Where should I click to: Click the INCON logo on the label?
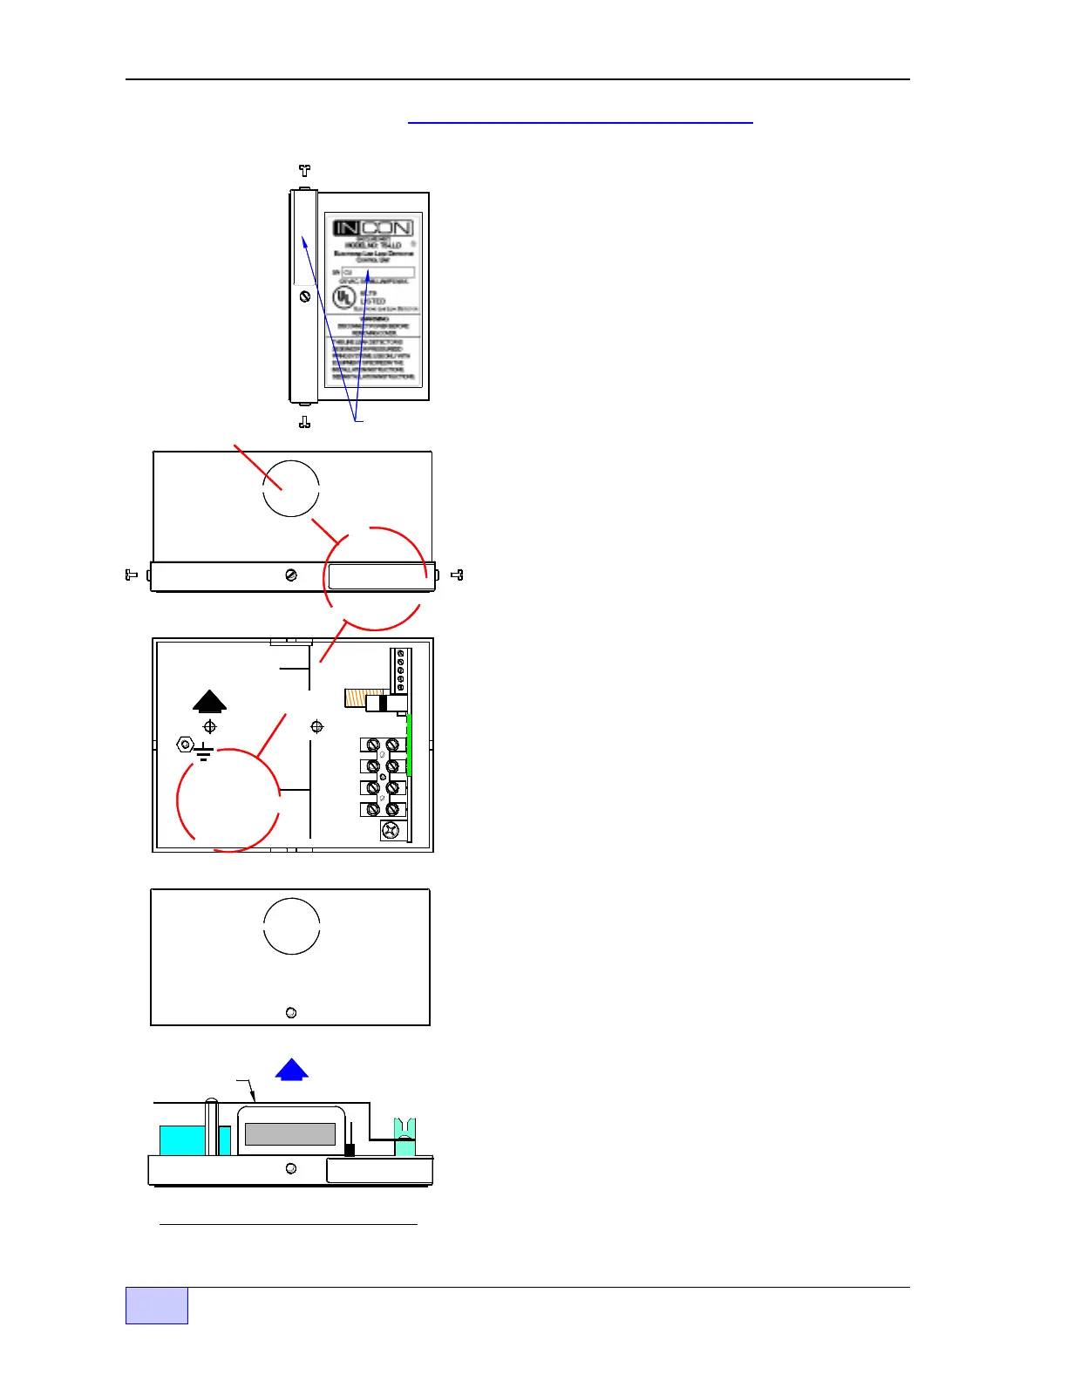pyautogui.click(x=372, y=228)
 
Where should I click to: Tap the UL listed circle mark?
pyautogui.click(x=344, y=297)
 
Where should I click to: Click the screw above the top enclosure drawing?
pyautogui.click(x=304, y=171)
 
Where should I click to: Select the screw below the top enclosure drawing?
pyautogui.click(x=304, y=422)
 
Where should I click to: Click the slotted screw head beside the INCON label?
pyautogui.click(x=305, y=296)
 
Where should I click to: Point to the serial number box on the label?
pyautogui.click(x=377, y=273)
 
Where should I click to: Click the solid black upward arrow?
pyautogui.click(x=209, y=701)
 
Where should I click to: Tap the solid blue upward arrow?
pyautogui.click(x=291, y=1070)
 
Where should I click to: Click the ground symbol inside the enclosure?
pyautogui.click(x=204, y=752)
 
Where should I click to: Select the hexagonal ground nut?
pyautogui.click(x=185, y=744)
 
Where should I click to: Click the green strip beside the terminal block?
pyautogui.click(x=409, y=745)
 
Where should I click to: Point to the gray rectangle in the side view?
pyautogui.click(x=290, y=1133)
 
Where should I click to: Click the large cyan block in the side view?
pyautogui.click(x=182, y=1140)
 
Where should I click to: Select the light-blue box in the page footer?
pyautogui.click(x=157, y=1305)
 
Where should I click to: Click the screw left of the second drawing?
pyautogui.click(x=132, y=575)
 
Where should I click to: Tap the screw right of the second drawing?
pyautogui.click(x=457, y=575)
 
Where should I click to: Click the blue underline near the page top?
pyautogui.click(x=580, y=123)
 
